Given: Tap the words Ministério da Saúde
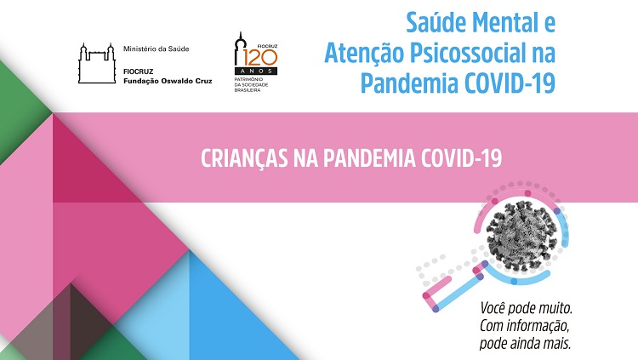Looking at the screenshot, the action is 157,49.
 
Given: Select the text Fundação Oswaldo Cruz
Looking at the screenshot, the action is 168,81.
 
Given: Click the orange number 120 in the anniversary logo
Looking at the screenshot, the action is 260,58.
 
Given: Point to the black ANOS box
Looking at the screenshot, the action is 256,71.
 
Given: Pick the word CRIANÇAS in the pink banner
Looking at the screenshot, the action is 244,158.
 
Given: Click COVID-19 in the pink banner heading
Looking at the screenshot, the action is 461,158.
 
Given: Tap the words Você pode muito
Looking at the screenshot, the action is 526,308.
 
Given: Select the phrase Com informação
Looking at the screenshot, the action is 524,326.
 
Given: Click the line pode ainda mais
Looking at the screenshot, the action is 525,343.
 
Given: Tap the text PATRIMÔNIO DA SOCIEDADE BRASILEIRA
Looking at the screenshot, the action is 251,84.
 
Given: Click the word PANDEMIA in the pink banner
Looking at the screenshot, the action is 369,158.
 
